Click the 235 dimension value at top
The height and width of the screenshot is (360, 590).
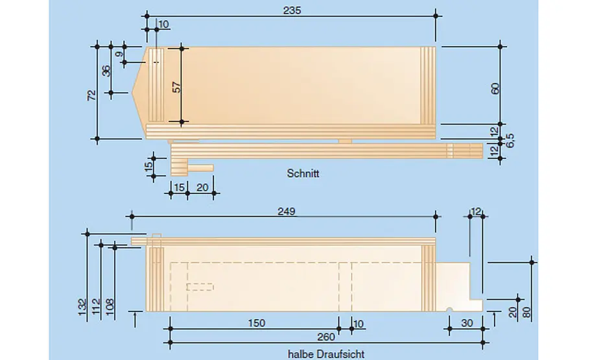(x=292, y=10)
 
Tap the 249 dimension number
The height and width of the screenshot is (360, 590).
(x=287, y=211)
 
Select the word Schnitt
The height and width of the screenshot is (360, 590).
(x=303, y=173)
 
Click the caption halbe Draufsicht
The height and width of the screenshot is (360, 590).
(x=326, y=354)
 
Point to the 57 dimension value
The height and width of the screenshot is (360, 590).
(x=176, y=88)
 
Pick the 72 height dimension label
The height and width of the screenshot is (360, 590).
(x=91, y=95)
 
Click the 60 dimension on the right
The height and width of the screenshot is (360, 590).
(x=495, y=89)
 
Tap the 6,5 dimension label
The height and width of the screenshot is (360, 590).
(x=510, y=141)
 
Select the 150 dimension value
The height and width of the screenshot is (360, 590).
(x=256, y=323)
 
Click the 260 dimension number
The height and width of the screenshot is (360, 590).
(x=326, y=337)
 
